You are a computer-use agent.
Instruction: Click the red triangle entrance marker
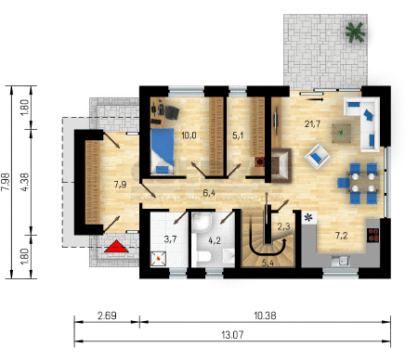pyautogui.click(x=116, y=247)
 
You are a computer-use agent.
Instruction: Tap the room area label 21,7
pyautogui.click(x=312, y=124)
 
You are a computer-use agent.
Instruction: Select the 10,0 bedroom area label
pyautogui.click(x=189, y=135)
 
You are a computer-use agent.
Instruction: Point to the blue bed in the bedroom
pyautogui.click(x=163, y=151)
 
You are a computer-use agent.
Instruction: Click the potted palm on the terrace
pyautogui.click(x=355, y=32)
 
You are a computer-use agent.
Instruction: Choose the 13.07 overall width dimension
pyautogui.click(x=232, y=335)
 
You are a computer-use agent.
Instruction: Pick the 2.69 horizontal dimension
pyautogui.click(x=107, y=315)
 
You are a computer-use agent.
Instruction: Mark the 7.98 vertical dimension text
pyautogui.click(x=6, y=182)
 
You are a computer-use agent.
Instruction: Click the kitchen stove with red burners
pyautogui.click(x=372, y=235)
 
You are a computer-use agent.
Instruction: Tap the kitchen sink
pyautogui.click(x=340, y=261)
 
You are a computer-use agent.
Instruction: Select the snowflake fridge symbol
pyautogui.click(x=308, y=217)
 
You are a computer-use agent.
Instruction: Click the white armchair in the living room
pyautogui.click(x=317, y=157)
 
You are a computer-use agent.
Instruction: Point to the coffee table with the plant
pyautogui.click(x=342, y=134)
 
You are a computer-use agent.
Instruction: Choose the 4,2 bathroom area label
pyautogui.click(x=215, y=240)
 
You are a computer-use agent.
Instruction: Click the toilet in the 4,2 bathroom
pyautogui.click(x=204, y=256)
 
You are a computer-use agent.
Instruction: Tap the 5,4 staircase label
pyautogui.click(x=268, y=264)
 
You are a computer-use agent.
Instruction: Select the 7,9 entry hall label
pyautogui.click(x=120, y=185)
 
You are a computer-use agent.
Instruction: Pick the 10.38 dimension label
pyautogui.click(x=265, y=315)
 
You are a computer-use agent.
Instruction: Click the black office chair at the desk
pyautogui.click(x=172, y=112)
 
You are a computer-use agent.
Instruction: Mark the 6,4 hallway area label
pyautogui.click(x=209, y=193)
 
